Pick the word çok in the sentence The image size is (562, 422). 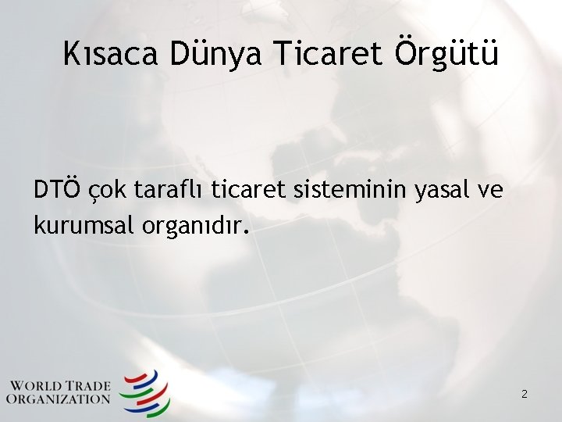point(108,191)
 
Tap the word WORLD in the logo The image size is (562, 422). point(40,385)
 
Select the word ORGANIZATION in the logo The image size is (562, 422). point(59,399)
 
